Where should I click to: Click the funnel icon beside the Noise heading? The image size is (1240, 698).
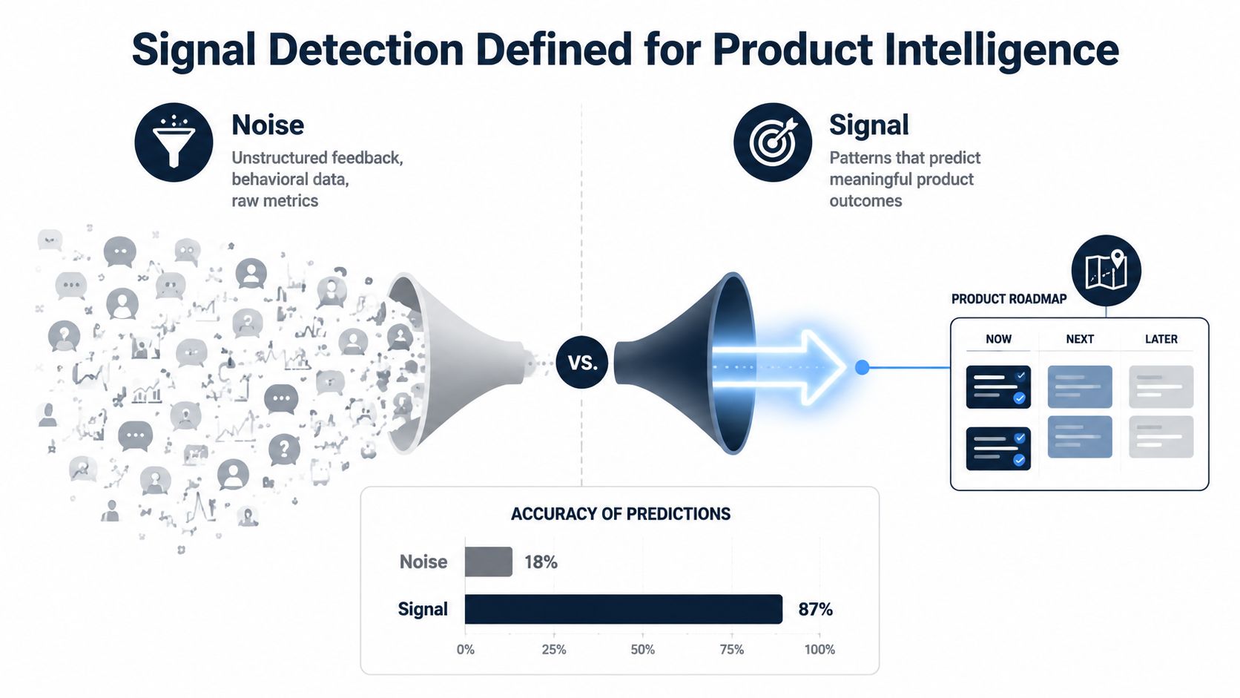tap(174, 142)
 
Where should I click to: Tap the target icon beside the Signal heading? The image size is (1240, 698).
tap(773, 142)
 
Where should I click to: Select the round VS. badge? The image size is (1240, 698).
tap(581, 362)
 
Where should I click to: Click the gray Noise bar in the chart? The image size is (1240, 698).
tap(488, 562)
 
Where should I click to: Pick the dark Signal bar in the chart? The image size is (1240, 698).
tap(623, 609)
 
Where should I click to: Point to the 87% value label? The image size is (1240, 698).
tap(815, 610)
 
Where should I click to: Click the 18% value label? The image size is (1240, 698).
tap(541, 562)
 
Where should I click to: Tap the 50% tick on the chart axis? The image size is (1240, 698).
tap(643, 649)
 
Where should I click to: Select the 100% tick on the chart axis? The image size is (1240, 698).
tap(819, 649)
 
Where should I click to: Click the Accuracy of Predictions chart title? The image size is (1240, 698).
tap(621, 514)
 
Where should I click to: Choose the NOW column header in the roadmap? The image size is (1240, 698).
tap(998, 339)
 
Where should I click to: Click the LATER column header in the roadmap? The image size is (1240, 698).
tap(1161, 339)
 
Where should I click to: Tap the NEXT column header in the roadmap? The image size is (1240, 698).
tap(1080, 339)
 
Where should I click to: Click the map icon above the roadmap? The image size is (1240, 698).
tap(1106, 270)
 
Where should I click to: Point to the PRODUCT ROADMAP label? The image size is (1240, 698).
tap(1009, 299)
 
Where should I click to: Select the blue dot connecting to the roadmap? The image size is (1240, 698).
tap(862, 367)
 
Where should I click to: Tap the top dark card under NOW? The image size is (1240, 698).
tap(998, 387)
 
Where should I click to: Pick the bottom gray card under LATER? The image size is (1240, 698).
tap(1161, 437)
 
